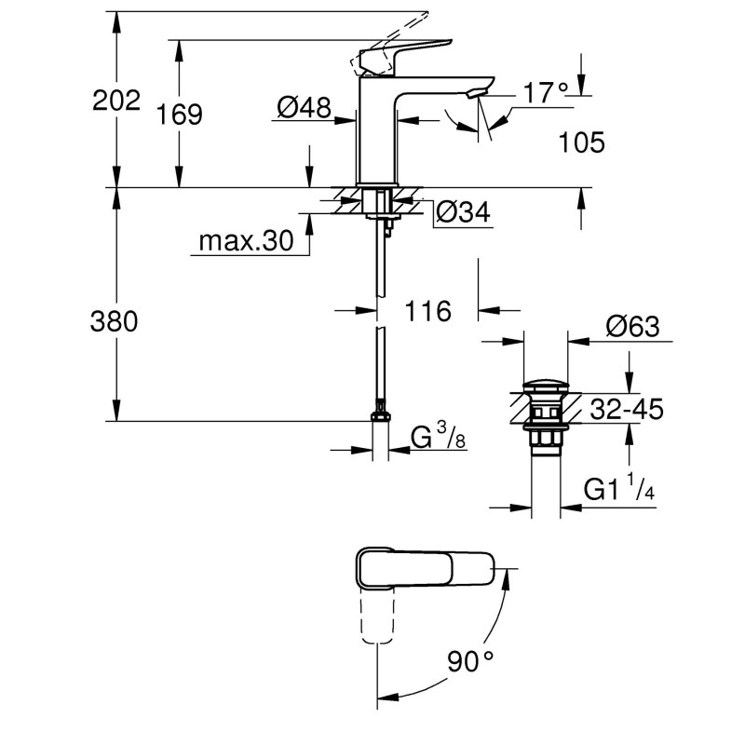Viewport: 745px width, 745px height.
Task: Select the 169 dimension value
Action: tap(180, 115)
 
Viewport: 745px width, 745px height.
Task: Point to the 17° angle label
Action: tap(545, 93)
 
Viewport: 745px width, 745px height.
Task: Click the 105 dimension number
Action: tap(582, 142)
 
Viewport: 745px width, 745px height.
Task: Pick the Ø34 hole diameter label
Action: tap(463, 213)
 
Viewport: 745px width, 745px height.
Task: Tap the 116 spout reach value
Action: tap(428, 311)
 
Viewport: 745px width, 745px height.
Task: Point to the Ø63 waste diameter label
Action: tap(632, 327)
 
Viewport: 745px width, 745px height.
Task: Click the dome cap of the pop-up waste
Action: tap(546, 385)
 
